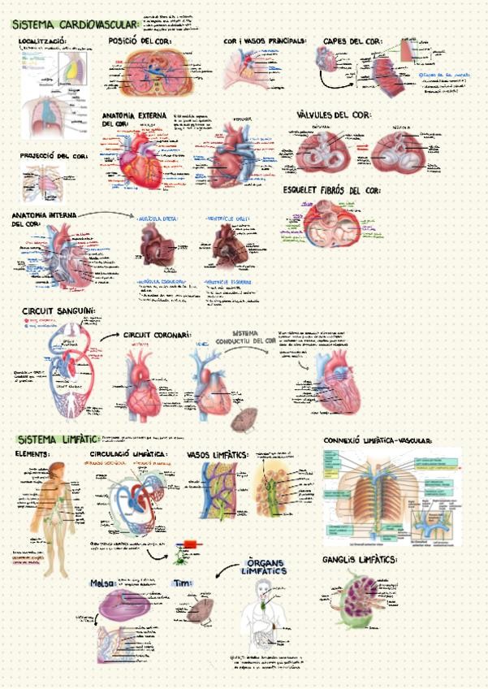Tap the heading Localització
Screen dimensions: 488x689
(x=42, y=41)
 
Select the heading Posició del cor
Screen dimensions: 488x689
(x=140, y=41)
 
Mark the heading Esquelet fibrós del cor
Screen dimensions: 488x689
(x=332, y=189)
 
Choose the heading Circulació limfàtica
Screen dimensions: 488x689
(x=129, y=453)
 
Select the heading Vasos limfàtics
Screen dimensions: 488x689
(x=217, y=454)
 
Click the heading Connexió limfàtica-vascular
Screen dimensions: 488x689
(x=378, y=440)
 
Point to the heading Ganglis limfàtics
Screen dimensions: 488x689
(x=359, y=560)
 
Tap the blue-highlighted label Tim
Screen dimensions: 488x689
(x=182, y=582)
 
